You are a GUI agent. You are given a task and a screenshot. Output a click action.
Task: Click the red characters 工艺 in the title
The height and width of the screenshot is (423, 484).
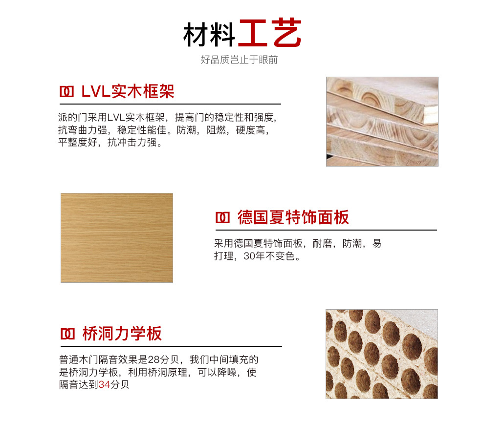pyautogui.click(x=270, y=33)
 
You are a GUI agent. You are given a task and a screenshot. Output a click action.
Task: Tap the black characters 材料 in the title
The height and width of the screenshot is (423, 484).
pyautogui.click(x=209, y=35)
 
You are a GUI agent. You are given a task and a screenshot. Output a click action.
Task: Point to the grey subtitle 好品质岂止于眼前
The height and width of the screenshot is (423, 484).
pyautogui.click(x=239, y=60)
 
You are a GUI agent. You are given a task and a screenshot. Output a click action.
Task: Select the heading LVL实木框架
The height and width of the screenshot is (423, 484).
pyautogui.click(x=128, y=91)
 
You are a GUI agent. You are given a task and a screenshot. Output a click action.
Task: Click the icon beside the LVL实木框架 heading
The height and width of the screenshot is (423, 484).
pyautogui.click(x=66, y=92)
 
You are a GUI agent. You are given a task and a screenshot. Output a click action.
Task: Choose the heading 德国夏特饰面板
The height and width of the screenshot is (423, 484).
pyautogui.click(x=293, y=217)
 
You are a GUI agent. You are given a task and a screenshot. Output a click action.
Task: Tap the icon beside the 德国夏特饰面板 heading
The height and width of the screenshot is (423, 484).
pyautogui.click(x=222, y=218)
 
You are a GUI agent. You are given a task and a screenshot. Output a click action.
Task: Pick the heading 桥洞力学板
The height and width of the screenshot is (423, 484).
pyautogui.click(x=122, y=334)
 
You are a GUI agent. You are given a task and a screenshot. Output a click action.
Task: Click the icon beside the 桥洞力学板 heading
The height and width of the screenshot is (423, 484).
pyautogui.click(x=67, y=334)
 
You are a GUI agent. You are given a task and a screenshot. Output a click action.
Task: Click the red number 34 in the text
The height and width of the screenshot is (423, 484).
pyautogui.click(x=104, y=384)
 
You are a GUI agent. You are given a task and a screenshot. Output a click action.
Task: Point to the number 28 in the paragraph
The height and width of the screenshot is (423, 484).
pyautogui.click(x=154, y=360)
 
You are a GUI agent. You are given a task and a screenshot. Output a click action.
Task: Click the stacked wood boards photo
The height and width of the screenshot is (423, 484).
pyautogui.click(x=382, y=122)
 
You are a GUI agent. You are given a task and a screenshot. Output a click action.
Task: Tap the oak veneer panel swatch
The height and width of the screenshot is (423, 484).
pyautogui.click(x=117, y=238)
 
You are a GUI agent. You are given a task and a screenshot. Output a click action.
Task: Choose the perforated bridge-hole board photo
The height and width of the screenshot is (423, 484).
pyautogui.click(x=382, y=354)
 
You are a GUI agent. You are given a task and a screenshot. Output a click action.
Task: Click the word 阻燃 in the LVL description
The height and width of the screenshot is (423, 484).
pyautogui.click(x=216, y=130)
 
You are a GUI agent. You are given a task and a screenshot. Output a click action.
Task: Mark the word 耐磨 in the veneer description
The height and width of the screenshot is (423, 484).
pyautogui.click(x=322, y=243)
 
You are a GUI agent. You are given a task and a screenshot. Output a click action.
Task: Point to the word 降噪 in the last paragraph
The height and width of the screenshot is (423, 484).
pyautogui.click(x=227, y=372)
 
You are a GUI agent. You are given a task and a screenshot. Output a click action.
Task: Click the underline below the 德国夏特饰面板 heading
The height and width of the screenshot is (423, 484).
pyautogui.click(x=326, y=230)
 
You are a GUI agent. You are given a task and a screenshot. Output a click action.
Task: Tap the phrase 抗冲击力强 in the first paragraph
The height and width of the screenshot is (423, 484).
pyautogui.click(x=132, y=143)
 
